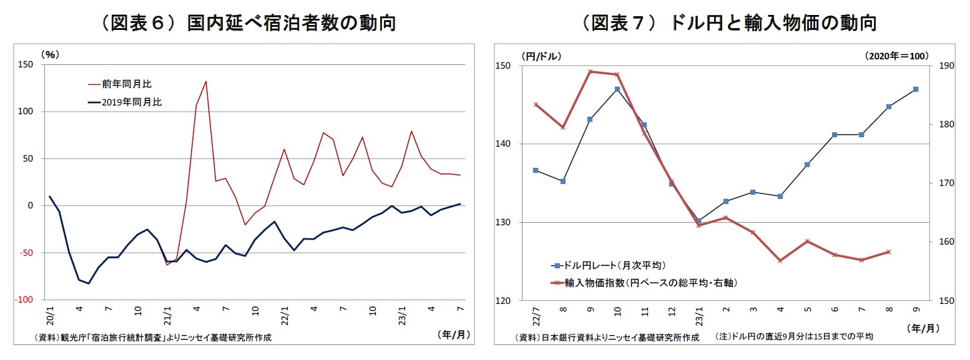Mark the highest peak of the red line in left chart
pyautogui.click(x=206, y=81)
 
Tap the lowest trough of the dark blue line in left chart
pyautogui.click(x=89, y=283)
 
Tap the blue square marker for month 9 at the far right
pyautogui.click(x=916, y=89)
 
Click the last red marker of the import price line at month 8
pyautogui.click(x=888, y=251)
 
